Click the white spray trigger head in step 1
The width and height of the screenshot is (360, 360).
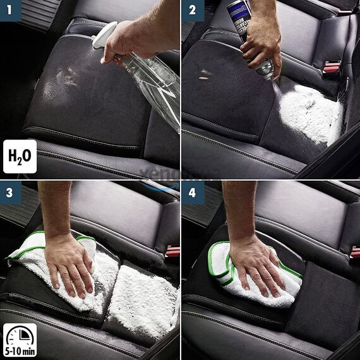104,35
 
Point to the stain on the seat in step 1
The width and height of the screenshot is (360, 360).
66,76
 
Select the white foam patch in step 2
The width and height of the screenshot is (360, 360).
309,114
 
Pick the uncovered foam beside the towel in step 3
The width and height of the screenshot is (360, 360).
142,303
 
